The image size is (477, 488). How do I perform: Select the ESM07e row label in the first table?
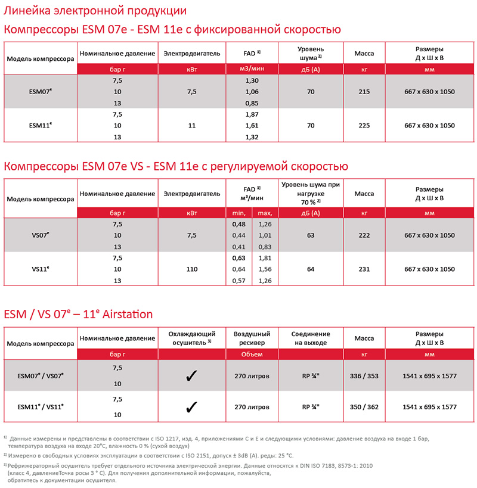click(41, 92)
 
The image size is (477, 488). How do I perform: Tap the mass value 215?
click(364, 92)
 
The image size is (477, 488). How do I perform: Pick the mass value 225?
click(364, 125)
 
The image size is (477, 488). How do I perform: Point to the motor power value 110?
click(191, 269)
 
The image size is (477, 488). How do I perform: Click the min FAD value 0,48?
click(238, 224)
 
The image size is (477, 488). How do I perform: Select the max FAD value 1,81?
click(265, 257)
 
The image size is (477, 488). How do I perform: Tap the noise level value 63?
click(310, 235)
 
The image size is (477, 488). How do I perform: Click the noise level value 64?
click(310, 269)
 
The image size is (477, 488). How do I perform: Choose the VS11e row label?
click(41, 269)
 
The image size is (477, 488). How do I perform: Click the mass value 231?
click(364, 269)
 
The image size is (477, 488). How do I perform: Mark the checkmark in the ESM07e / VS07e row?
click(191, 377)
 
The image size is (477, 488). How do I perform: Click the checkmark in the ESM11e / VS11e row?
click(191, 407)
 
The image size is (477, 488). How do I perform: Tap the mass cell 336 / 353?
click(364, 377)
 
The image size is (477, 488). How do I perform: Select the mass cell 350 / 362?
click(364, 407)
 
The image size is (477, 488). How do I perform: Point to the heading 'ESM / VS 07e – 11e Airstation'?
click(79, 314)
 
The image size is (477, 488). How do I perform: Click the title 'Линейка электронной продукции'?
click(95, 11)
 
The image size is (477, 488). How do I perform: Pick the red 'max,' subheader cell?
click(265, 213)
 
